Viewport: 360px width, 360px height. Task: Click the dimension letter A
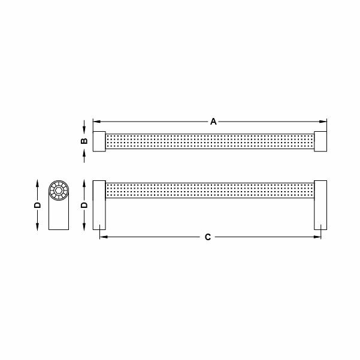point(213,122)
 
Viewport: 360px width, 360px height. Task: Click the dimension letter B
point(84,141)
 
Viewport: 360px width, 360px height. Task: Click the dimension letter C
point(208,237)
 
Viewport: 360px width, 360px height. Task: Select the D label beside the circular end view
point(37,205)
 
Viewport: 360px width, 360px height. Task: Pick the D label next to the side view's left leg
point(84,205)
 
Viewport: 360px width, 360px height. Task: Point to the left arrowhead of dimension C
point(102,237)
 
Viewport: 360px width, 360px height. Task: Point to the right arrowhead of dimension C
point(319,237)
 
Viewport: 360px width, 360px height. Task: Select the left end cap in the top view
point(99,141)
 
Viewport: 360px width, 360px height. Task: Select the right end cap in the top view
point(320,141)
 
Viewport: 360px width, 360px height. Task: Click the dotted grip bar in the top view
point(210,141)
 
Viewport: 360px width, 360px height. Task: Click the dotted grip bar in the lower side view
point(210,190)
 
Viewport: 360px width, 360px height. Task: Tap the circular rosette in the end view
point(59,191)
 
